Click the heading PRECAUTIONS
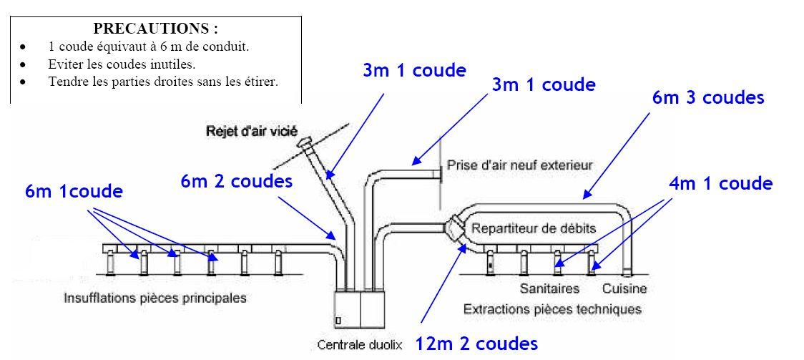pyautogui.click(x=156, y=29)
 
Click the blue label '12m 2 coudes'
pyautogui.click(x=476, y=344)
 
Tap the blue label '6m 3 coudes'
pyautogui.click(x=708, y=97)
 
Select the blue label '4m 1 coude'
pyautogui.click(x=720, y=183)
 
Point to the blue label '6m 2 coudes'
pyautogui.click(x=237, y=182)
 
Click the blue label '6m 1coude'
pyautogui.click(x=74, y=191)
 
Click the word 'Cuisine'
pyautogui.click(x=624, y=288)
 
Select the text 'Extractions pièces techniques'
pyautogui.click(x=551, y=309)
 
